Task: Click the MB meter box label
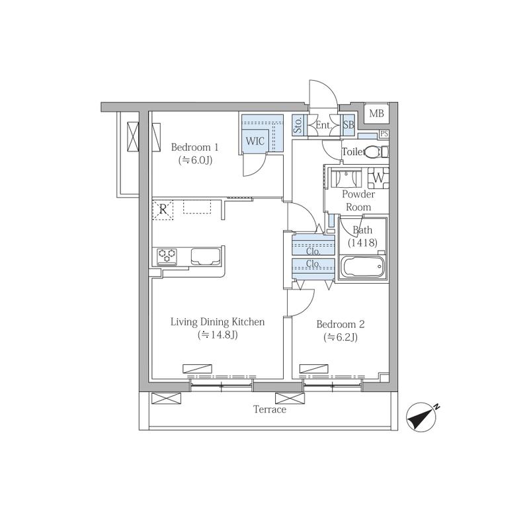coord(376,113)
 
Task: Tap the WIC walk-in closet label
coord(255,141)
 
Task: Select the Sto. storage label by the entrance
coord(298,125)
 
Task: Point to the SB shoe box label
coord(348,125)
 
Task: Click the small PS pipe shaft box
coord(384,134)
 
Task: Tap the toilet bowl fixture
coord(377,152)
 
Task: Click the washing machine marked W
coord(378,178)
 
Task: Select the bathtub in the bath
coord(363,267)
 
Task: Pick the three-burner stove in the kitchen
coord(167,256)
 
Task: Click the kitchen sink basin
coord(206,257)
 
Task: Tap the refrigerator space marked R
coord(163,210)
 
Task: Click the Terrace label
coord(270,409)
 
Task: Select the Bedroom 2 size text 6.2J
coord(341,337)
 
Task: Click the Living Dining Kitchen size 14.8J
coord(218,335)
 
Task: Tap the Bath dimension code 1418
coord(362,243)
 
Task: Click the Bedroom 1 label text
coord(194,147)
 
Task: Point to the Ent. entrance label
coord(323,125)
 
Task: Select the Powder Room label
coord(358,200)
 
